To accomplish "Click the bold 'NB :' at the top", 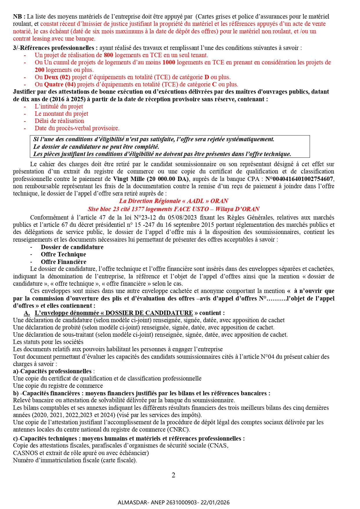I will (x=19, y=17).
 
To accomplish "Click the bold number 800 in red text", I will (x=108, y=55).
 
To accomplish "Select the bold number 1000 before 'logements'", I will (x=169, y=62).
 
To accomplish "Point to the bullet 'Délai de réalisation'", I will (x=59, y=121).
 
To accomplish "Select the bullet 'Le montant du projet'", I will (x=61, y=114).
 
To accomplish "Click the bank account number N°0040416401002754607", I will (x=299, y=179).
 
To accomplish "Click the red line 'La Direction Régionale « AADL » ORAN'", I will (x=173, y=201).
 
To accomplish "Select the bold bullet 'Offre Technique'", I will (x=63, y=254).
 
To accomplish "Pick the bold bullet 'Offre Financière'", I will (x=63, y=262).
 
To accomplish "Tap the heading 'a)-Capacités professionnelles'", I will (x=53, y=371).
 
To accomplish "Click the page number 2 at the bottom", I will (x=173, y=475).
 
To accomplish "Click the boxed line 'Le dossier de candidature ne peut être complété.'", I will (x=96, y=147).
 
